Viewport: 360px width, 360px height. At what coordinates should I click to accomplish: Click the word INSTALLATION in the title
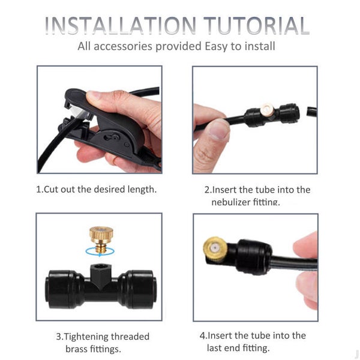coord(121,25)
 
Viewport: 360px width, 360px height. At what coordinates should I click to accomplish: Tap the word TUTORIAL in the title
coord(257,25)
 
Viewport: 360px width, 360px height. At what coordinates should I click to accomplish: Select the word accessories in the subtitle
coord(123,46)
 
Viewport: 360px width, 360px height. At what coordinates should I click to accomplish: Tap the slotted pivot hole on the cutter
coord(111,137)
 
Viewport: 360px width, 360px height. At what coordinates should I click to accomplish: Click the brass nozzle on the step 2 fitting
coord(267,110)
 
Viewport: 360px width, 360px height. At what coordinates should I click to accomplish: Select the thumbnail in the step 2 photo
coord(219,130)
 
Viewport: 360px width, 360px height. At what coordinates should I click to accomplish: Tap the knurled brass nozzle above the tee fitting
coord(101,239)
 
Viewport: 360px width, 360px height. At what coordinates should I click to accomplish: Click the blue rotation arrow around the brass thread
coord(100,252)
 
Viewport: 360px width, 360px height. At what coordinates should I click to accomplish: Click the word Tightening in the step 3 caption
coord(85,337)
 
